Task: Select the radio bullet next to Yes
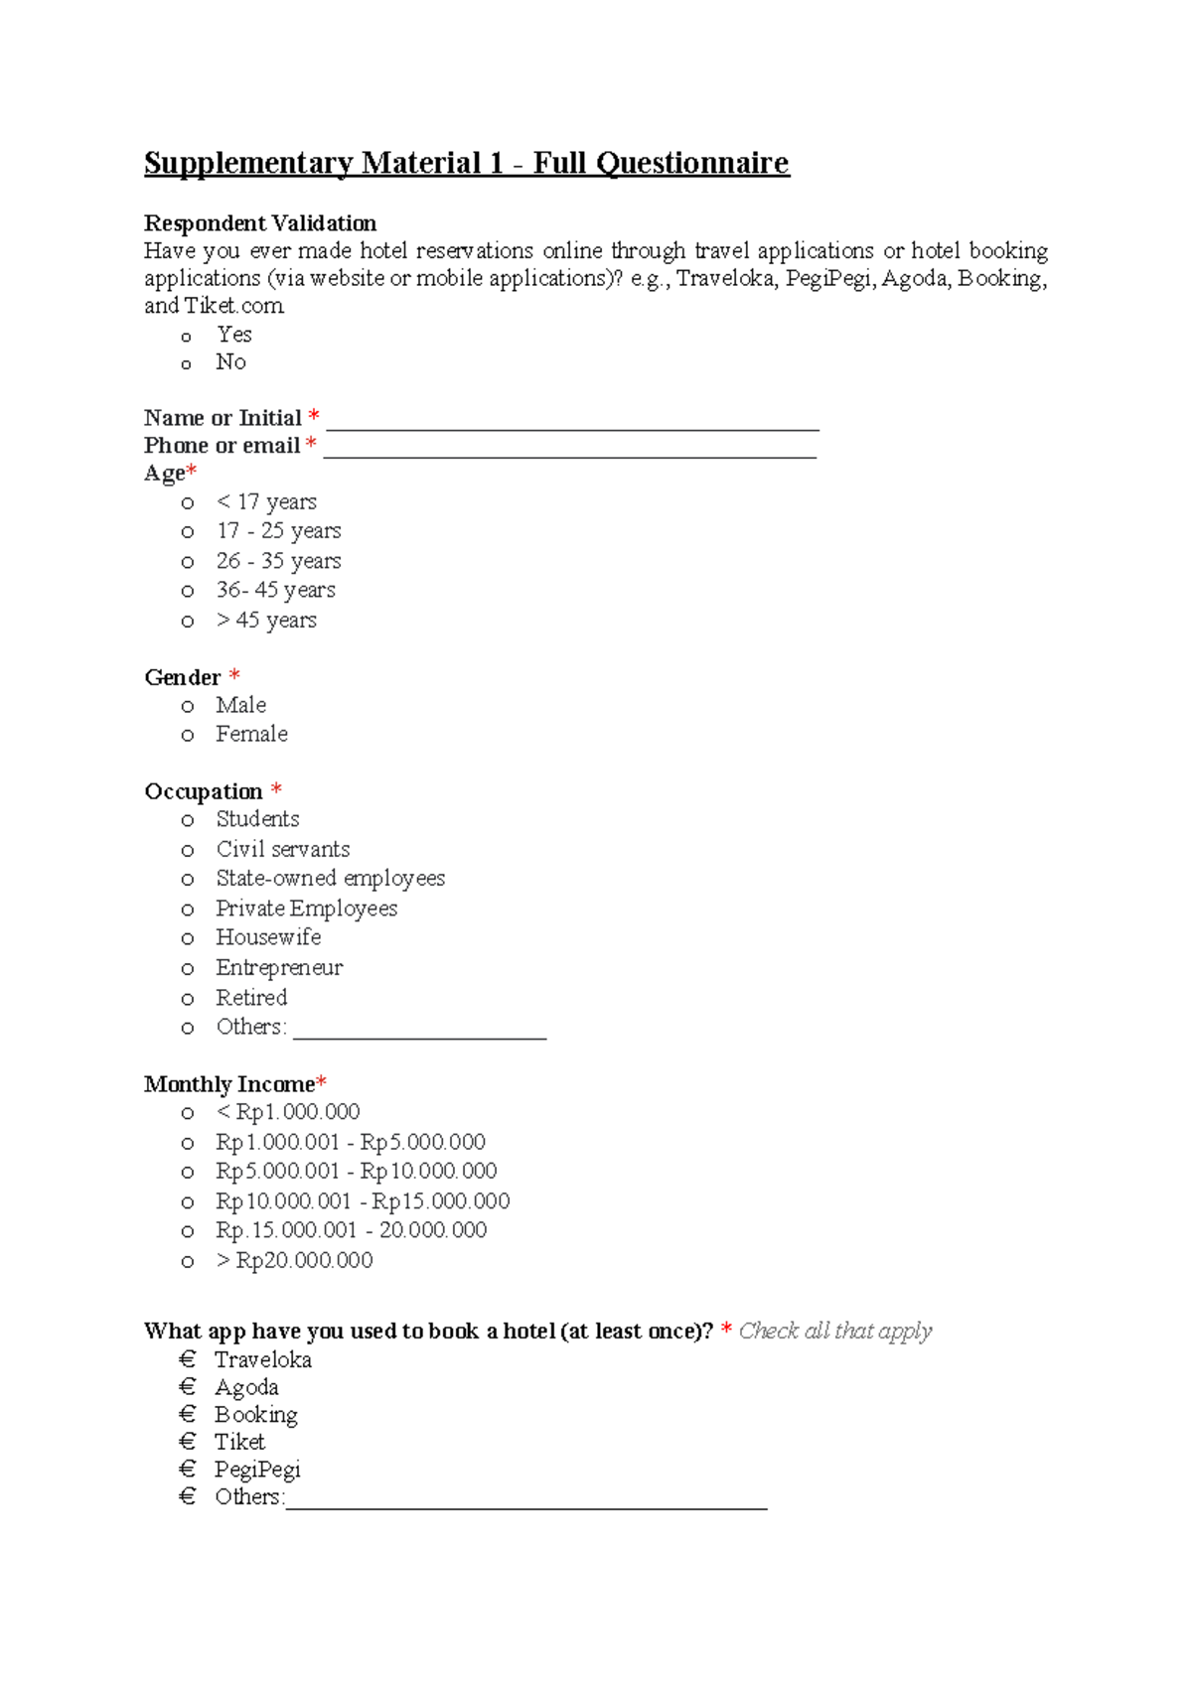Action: coord(186,337)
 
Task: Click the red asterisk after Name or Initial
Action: coord(314,416)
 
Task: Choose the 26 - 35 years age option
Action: coord(278,561)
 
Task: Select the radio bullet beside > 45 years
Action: coord(187,622)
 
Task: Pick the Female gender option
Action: coord(251,734)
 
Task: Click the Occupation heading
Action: coord(204,791)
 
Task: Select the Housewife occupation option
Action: coord(268,937)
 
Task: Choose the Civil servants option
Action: coord(283,849)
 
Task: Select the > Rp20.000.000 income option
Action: coord(294,1260)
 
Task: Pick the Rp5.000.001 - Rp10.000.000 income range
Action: coord(356,1172)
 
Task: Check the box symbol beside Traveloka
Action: coord(188,1359)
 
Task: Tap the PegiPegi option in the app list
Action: coord(257,1470)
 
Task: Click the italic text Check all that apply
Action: coord(834,1331)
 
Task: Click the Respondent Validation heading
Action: coord(260,222)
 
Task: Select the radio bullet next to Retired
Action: coord(187,999)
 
